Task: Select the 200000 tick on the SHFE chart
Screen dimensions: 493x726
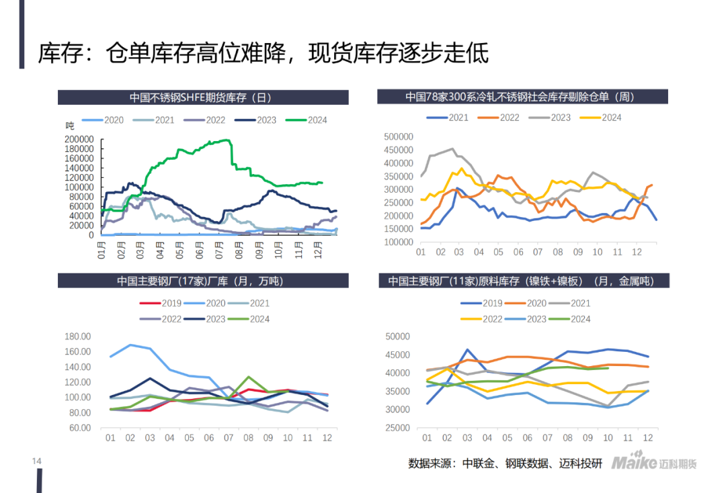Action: [x=80, y=139]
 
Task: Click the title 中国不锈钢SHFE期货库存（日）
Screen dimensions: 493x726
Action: [x=200, y=97]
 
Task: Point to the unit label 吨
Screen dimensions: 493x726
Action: [x=70, y=125]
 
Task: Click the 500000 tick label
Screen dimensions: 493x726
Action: [x=398, y=136]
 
